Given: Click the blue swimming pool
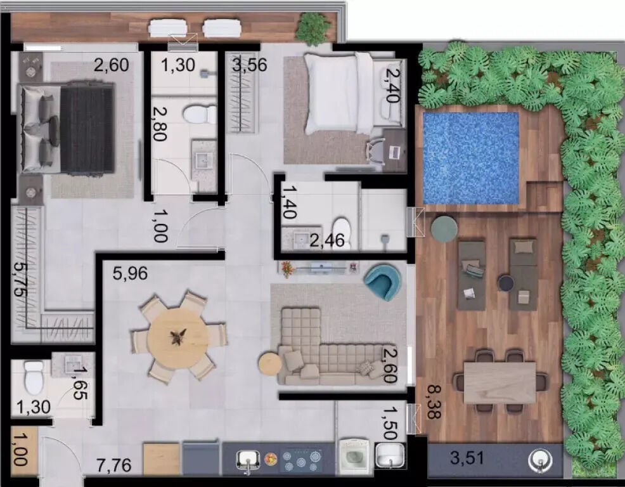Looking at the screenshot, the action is [471, 158].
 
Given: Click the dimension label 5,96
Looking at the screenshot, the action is [130, 273].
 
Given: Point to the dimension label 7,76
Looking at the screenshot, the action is [113, 465].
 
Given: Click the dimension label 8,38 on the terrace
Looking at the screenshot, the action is [434, 401].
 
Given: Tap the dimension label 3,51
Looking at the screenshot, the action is [467, 457].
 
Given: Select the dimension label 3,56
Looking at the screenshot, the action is [250, 65].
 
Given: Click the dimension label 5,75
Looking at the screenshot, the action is [21, 279].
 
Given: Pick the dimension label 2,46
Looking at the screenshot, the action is [327, 240].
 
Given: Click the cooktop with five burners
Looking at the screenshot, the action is [301, 460].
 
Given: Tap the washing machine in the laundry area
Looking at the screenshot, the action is [354, 457].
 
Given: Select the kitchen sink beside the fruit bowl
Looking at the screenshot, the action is [248, 461].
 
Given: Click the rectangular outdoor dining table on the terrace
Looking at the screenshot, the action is [500, 383].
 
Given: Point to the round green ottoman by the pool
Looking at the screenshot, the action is [444, 229].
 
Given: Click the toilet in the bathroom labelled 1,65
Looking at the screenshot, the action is [34, 376].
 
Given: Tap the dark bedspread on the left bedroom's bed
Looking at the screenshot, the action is [87, 129].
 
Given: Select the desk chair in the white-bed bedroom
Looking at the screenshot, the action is [376, 152].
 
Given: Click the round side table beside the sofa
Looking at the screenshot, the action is [270, 363].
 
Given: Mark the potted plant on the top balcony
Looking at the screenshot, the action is [314, 28].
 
